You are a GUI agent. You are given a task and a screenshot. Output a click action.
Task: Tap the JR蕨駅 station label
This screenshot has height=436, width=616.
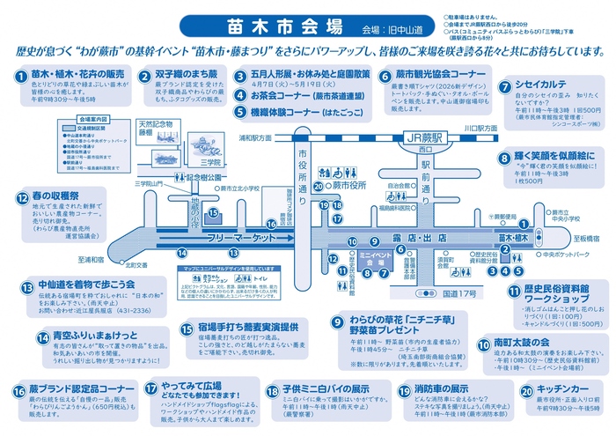(x=414, y=138)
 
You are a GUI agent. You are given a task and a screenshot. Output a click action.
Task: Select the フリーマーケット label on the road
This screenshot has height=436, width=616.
(x=237, y=240)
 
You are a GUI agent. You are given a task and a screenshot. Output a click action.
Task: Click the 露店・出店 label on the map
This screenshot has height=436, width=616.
(x=407, y=240)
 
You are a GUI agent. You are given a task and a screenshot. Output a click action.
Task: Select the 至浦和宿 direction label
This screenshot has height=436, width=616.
(x=91, y=261)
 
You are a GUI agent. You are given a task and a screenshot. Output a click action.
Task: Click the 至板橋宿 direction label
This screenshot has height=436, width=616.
(x=587, y=238)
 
